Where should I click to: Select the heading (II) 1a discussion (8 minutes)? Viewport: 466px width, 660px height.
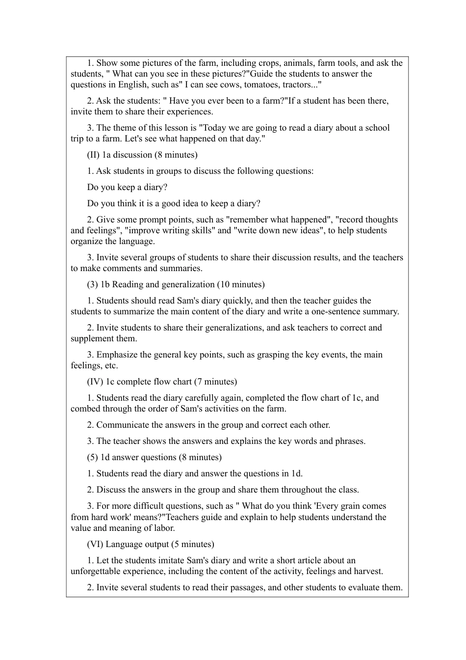tap(142, 155)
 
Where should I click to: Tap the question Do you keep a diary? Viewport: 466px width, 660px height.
tap(127, 187)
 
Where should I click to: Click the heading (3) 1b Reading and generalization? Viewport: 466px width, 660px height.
tap(151, 284)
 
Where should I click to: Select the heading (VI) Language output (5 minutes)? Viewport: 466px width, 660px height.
tap(151, 544)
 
